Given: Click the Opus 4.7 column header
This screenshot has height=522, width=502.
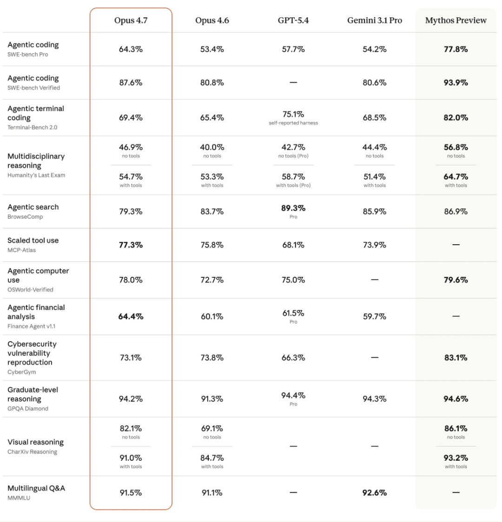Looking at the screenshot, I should (x=131, y=20).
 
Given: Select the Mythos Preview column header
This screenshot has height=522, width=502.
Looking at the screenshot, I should (x=456, y=20).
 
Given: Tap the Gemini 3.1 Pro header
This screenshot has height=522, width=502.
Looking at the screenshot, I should (x=374, y=20).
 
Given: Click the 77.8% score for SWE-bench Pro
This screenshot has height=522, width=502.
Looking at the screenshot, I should (x=456, y=49).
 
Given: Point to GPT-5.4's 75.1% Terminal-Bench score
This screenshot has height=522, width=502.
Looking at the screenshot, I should (x=293, y=114).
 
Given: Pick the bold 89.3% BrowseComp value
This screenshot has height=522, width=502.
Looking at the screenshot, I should (x=293, y=208).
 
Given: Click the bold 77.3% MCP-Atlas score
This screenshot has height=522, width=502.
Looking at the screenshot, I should (x=131, y=245).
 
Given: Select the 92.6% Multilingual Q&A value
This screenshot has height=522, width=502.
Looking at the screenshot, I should (x=374, y=493).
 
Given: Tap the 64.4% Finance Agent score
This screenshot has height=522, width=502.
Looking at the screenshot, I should (x=131, y=317).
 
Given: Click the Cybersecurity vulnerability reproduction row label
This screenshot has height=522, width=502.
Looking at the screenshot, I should (x=32, y=353).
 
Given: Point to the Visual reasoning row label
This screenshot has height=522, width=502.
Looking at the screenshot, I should (x=35, y=442).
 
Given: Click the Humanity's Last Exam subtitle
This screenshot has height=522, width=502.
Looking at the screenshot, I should (x=36, y=175).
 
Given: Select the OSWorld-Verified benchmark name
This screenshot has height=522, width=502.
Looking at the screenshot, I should (x=30, y=289).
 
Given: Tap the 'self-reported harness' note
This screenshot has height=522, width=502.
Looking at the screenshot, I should (x=293, y=123).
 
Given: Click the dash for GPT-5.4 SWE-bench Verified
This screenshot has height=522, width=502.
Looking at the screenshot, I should (x=293, y=83).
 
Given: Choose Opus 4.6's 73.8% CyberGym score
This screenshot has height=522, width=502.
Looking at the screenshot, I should (x=212, y=358).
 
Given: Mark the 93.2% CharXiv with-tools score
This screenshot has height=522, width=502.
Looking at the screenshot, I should (x=456, y=458).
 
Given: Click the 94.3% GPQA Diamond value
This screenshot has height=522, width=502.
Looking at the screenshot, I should (x=374, y=399).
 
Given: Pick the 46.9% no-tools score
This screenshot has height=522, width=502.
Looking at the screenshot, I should (x=131, y=147).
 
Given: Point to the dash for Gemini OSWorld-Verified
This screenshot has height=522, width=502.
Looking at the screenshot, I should (x=374, y=280).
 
